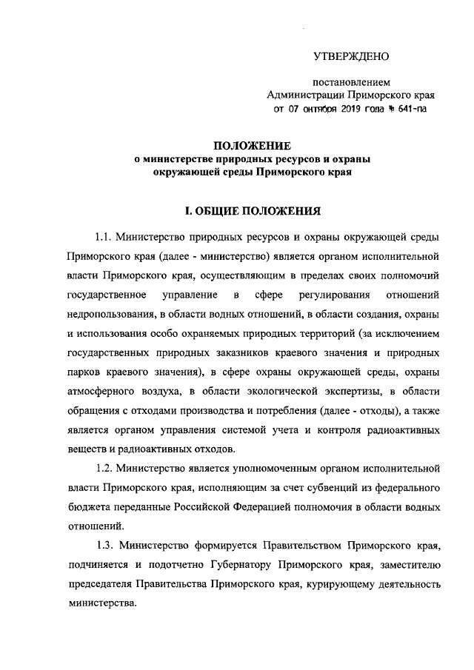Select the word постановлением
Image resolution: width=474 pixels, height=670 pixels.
pos(352,82)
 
